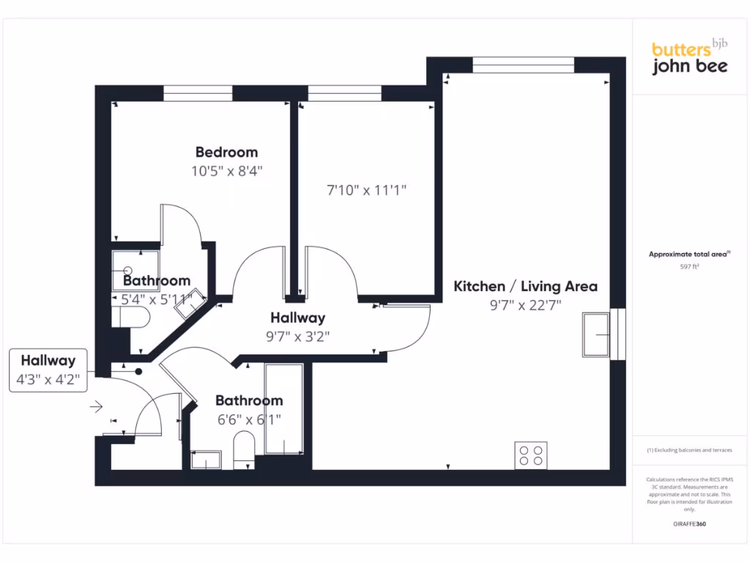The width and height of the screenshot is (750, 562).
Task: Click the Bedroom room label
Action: point(226,152)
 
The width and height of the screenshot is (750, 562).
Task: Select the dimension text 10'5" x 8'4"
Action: point(226,171)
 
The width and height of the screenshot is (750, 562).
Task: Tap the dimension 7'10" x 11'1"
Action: point(366,190)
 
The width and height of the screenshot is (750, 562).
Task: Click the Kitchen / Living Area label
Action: point(525,286)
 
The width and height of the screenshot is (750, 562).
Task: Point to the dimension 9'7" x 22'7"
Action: point(525,305)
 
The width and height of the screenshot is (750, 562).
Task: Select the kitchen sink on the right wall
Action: point(596,334)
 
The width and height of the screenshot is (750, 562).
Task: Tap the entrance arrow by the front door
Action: point(97,405)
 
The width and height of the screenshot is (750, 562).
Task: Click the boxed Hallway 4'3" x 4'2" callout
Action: point(48,371)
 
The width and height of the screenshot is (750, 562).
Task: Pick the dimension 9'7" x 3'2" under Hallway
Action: point(297,337)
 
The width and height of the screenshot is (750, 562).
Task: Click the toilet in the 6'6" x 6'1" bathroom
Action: point(243,448)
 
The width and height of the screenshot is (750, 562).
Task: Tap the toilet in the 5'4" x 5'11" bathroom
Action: point(131,316)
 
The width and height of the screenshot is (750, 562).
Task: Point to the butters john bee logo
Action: point(689,58)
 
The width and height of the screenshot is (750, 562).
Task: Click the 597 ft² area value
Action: point(689,267)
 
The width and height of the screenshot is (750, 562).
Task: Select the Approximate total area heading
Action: point(689,254)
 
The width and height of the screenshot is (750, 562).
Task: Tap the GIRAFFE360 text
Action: point(689,524)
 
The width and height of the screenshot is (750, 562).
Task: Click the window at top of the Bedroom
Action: point(198,93)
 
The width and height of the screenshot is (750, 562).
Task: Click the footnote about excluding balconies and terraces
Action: point(689,450)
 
